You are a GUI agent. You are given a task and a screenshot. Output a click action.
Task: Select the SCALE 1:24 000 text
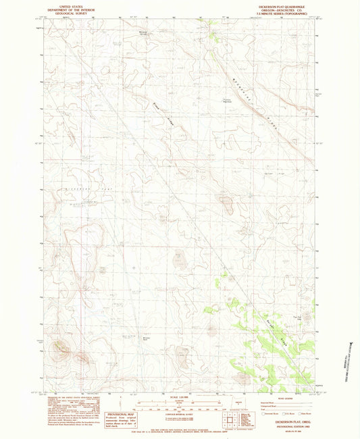tap(180, 396)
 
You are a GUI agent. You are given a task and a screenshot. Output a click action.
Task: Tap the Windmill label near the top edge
tap(143, 32)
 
